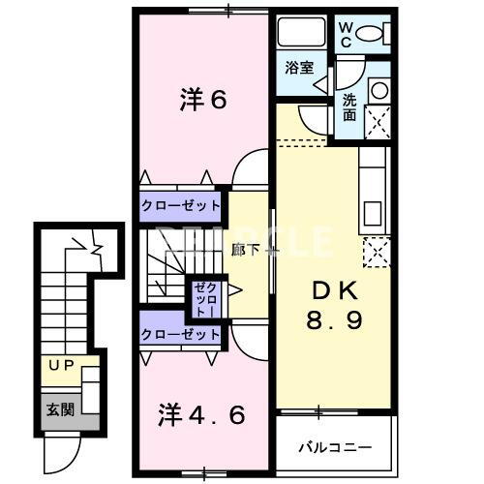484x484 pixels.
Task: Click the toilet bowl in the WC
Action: point(369,33)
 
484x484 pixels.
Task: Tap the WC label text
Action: point(346,36)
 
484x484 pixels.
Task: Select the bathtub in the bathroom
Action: point(301,32)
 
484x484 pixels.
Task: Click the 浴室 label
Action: point(299,68)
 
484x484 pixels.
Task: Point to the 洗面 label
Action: point(349,106)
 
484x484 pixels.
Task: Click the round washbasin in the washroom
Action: point(379,90)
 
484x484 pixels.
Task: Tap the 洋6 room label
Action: point(203,100)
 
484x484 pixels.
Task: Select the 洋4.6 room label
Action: point(201,414)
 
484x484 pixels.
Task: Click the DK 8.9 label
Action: point(334,305)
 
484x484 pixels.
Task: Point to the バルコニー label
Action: point(335,447)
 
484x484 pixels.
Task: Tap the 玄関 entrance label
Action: point(60,409)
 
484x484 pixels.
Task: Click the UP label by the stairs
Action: point(61,365)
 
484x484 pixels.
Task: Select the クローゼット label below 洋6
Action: point(180,205)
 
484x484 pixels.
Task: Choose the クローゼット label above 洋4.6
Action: point(180,335)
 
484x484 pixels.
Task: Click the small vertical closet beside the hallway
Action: point(206,298)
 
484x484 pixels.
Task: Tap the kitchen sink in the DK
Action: point(373,213)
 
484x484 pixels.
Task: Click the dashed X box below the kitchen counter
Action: point(377,253)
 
